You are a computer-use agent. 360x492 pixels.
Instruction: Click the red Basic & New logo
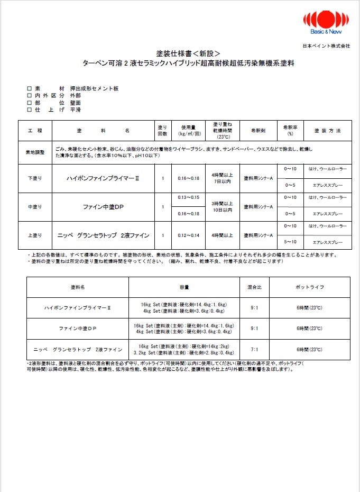326,24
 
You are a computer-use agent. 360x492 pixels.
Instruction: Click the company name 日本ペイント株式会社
327,46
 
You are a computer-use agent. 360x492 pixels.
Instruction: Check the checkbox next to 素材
30,89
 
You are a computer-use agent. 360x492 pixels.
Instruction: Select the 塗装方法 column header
328,130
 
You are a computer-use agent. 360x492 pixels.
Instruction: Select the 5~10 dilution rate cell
290,242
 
